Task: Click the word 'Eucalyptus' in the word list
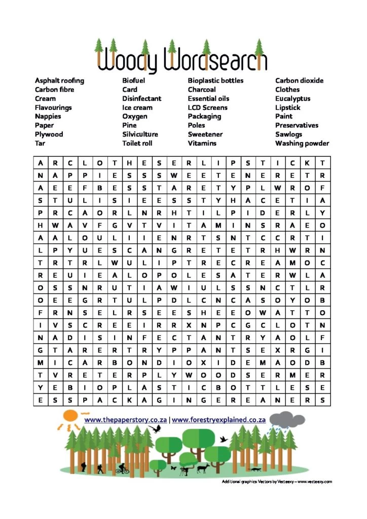[292, 98]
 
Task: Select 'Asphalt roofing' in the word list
[59, 81]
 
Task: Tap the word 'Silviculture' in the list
[140, 134]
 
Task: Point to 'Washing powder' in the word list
[302, 143]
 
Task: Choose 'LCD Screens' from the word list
[207, 107]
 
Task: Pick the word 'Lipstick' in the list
[287, 107]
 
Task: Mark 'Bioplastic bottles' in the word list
[215, 81]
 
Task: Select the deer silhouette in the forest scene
[203, 468]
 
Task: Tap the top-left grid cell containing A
[40, 163]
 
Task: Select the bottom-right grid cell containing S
[322, 400]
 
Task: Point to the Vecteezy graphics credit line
[277, 481]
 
